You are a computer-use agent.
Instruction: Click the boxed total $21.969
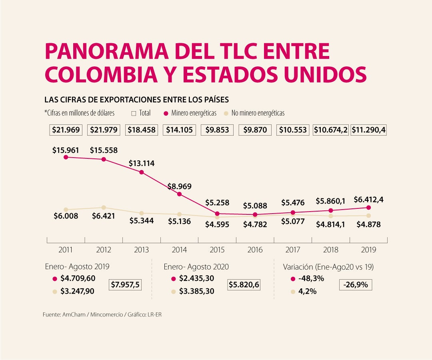pyautogui.click(x=66, y=130)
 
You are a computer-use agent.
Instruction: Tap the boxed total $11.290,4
pyautogui.click(x=368, y=130)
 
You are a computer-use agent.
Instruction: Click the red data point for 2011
pyautogui.click(x=66, y=157)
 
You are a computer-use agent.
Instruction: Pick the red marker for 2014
pyautogui.click(x=179, y=194)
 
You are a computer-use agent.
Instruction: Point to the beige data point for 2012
pyautogui.click(x=104, y=208)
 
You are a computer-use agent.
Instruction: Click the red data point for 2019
pyautogui.click(x=368, y=208)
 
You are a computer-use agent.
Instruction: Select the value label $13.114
pyautogui.click(x=142, y=164)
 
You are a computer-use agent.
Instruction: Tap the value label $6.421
pyautogui.click(x=104, y=216)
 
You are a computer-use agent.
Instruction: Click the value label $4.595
pyautogui.click(x=217, y=224)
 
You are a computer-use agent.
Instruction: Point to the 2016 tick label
pyautogui.click(x=255, y=250)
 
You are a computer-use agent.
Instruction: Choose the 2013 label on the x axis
pyautogui.click(x=142, y=250)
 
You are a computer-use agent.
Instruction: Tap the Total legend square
pyautogui.click(x=134, y=113)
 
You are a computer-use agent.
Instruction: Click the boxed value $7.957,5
pyautogui.click(x=126, y=285)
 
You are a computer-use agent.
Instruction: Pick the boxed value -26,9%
pyautogui.click(x=356, y=285)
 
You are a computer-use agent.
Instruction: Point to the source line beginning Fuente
pyautogui.click(x=102, y=315)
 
